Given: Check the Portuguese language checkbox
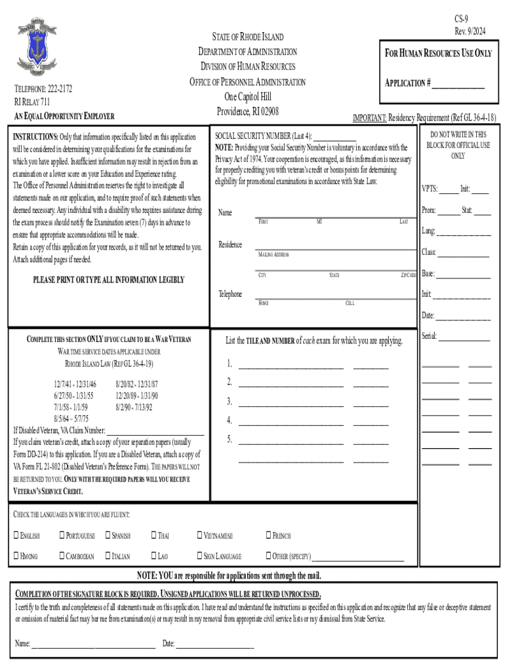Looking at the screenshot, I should [62, 536].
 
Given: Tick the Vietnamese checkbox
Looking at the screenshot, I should [201, 536].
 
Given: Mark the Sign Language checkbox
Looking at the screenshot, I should [201, 557].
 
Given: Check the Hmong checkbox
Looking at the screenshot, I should [17, 557].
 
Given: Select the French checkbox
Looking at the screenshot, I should [268, 536].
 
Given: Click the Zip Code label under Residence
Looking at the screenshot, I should [408, 275].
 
